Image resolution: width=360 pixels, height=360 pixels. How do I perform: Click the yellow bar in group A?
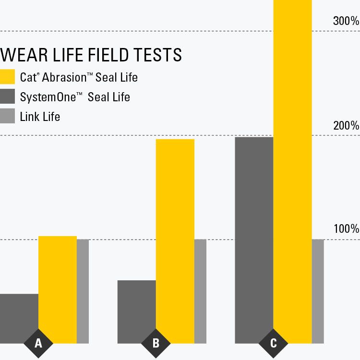(x=58, y=286)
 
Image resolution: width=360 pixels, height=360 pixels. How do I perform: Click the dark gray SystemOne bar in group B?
(x=137, y=310)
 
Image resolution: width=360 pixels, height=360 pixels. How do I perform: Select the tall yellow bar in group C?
(x=292, y=168)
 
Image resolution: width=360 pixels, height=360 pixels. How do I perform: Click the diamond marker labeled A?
(x=38, y=343)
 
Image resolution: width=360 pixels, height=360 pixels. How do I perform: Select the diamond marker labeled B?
(x=156, y=343)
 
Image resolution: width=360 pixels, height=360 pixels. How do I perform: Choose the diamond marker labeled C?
(x=274, y=343)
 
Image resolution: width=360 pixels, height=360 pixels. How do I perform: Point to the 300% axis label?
(x=346, y=21)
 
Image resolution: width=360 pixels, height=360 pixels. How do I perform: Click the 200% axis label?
(x=346, y=126)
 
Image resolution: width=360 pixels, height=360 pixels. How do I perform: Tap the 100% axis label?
(x=346, y=229)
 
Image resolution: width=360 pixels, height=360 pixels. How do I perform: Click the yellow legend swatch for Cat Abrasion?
(x=8, y=77)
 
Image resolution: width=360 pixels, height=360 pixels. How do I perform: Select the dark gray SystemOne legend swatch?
(x=8, y=96)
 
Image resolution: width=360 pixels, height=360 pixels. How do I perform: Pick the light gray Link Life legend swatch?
(x=8, y=116)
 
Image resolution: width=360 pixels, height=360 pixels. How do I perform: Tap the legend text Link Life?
(x=40, y=116)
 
